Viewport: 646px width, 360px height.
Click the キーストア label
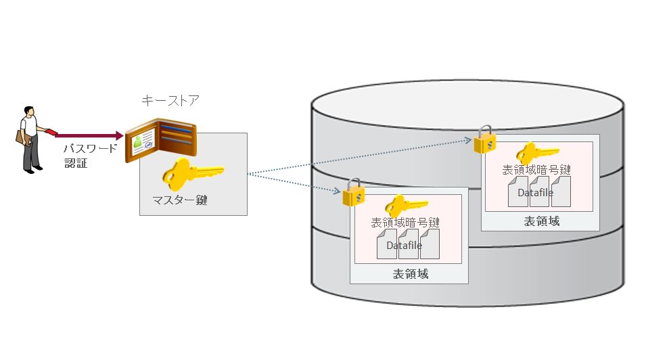170,101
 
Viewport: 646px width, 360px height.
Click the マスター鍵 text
179,200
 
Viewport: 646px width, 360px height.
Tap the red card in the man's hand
51,131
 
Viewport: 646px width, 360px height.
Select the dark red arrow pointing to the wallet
91,135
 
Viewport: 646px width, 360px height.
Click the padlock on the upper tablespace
484,140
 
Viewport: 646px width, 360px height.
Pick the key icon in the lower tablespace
405,206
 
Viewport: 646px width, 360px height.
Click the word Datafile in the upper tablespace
536,193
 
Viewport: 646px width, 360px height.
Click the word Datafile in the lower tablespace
405,245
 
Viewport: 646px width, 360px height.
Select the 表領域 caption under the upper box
541,221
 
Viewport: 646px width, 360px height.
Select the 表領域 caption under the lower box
410,274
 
